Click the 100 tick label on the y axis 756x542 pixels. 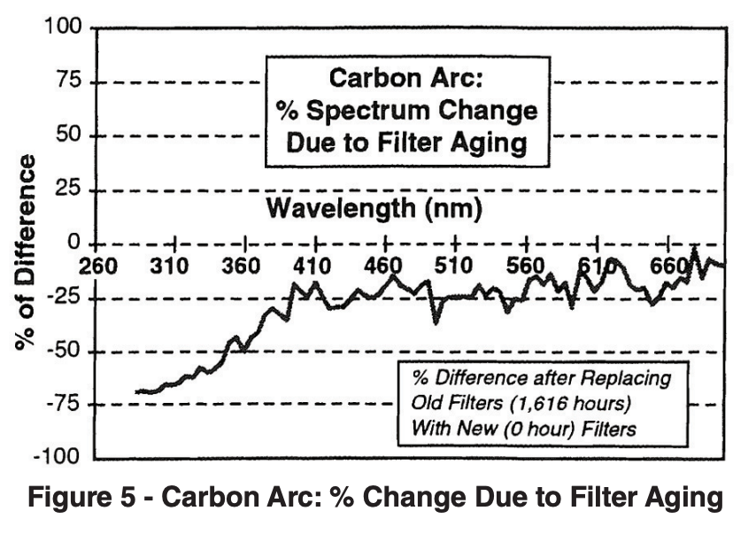(x=62, y=27)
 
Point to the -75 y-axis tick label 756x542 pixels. (x=59, y=405)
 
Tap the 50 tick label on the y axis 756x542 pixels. (x=67, y=135)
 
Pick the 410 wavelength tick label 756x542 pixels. (x=312, y=266)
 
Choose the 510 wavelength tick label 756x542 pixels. (x=455, y=266)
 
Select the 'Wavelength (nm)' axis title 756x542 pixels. (x=374, y=210)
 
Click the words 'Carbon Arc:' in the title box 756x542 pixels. (x=405, y=79)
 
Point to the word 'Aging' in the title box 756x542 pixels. (x=489, y=142)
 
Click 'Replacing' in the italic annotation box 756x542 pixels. (x=631, y=378)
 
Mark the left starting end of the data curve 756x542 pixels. (x=136, y=391)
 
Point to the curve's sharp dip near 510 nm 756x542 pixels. (x=435, y=322)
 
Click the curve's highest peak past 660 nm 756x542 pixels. (x=694, y=250)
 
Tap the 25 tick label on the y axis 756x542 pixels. (x=67, y=190)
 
